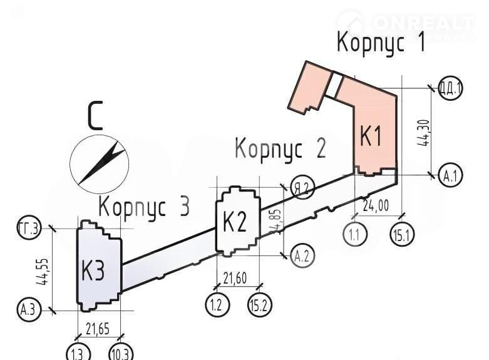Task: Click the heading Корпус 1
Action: pos(381,43)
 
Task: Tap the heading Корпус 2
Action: pos(280,149)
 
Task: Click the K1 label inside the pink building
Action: pos(371,136)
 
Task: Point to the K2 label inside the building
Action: pos(235,222)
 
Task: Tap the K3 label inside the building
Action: pos(93,272)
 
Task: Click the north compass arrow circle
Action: pos(99,164)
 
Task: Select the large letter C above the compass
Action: pos(95,116)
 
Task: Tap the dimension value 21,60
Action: pos(235,277)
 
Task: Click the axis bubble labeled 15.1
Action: pos(401,235)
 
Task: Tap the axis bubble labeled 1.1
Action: pos(354,235)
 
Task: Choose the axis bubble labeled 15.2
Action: pos(260,305)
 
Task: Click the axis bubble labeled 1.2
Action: pos(217,305)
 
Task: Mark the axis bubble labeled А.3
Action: pos(26,310)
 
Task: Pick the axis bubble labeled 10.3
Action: pos(121,352)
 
